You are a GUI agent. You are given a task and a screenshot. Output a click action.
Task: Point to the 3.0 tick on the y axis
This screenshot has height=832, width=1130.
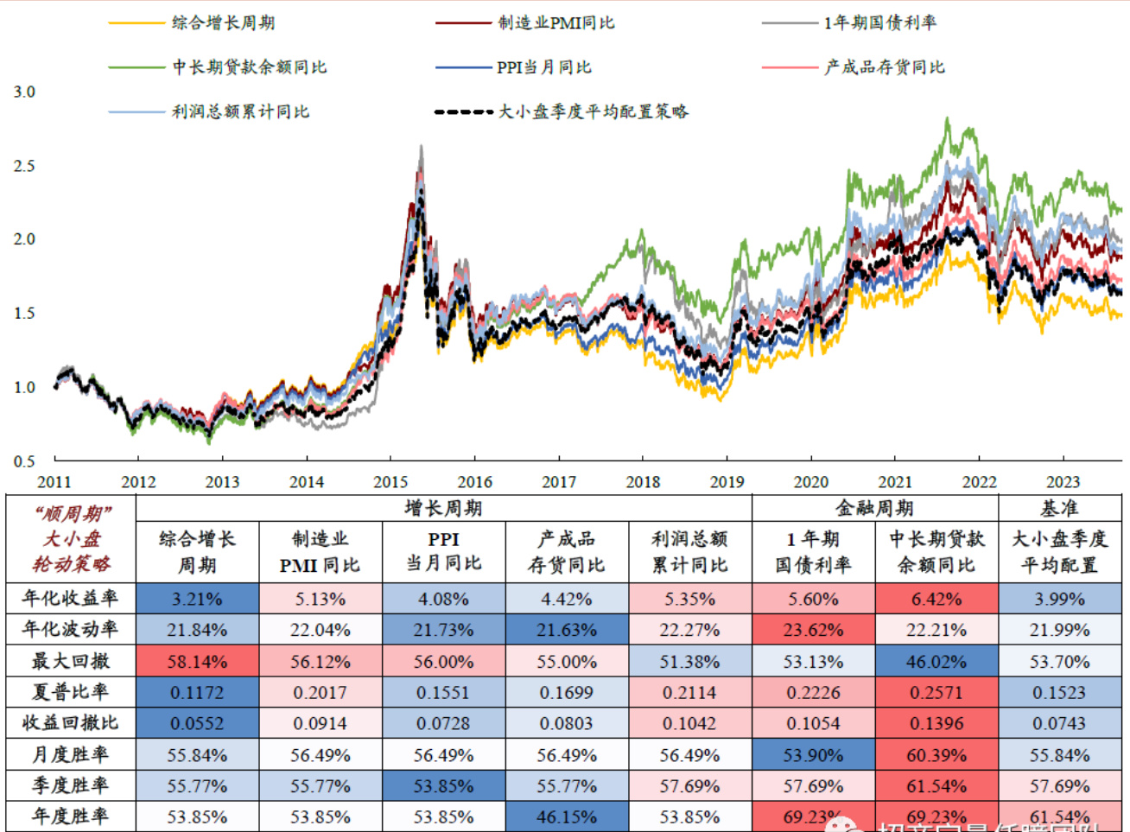point(24,92)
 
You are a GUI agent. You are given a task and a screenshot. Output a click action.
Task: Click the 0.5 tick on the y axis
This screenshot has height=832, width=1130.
point(24,461)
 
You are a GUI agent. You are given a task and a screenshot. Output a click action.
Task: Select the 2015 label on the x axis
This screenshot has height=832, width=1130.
point(390,482)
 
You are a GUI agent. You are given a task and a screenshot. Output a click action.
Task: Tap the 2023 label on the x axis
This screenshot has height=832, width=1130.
point(1063,482)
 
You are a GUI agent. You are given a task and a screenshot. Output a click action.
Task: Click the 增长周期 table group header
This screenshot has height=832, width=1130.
point(443,508)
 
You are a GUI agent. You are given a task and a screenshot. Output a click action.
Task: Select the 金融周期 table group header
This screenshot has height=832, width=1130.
point(874,508)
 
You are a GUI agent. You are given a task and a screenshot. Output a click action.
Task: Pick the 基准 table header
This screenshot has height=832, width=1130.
point(1059,508)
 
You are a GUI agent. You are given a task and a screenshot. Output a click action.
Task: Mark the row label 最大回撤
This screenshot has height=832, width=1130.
point(70,661)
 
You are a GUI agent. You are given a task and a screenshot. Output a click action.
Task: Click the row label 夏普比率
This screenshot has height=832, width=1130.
point(70,692)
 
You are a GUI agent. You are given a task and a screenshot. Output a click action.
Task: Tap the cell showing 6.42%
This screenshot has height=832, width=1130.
point(936,599)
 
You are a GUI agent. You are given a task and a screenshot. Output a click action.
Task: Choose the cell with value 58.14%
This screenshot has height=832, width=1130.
point(197,662)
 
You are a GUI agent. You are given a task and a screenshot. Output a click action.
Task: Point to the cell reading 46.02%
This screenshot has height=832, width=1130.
point(936,662)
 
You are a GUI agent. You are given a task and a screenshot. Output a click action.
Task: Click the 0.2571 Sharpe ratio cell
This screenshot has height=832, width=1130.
point(936,693)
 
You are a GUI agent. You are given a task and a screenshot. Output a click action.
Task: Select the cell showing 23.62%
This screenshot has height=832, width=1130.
point(813,630)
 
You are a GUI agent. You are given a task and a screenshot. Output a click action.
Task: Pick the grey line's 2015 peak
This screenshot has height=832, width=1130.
point(421,147)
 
